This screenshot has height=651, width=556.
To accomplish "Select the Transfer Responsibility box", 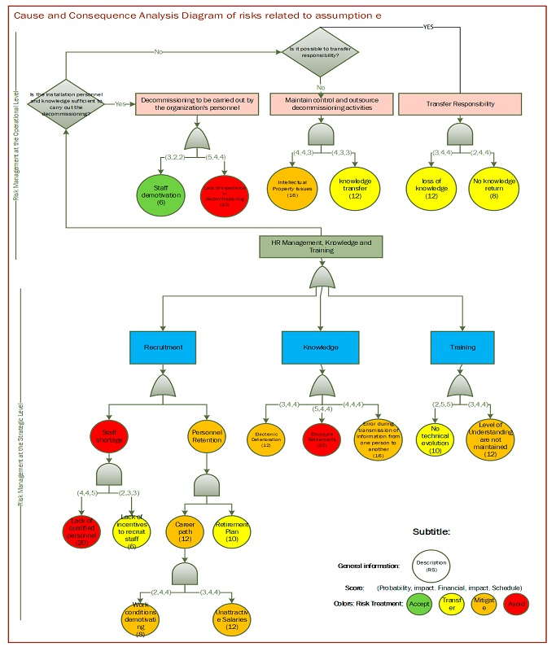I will coord(462,103).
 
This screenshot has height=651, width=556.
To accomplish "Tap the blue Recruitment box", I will coord(163,347).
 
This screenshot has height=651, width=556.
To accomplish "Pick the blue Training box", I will coord(462,347).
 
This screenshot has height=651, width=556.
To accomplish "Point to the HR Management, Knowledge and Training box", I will coord(320,246).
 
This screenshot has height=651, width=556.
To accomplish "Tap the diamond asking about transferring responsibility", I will coord(321,51).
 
